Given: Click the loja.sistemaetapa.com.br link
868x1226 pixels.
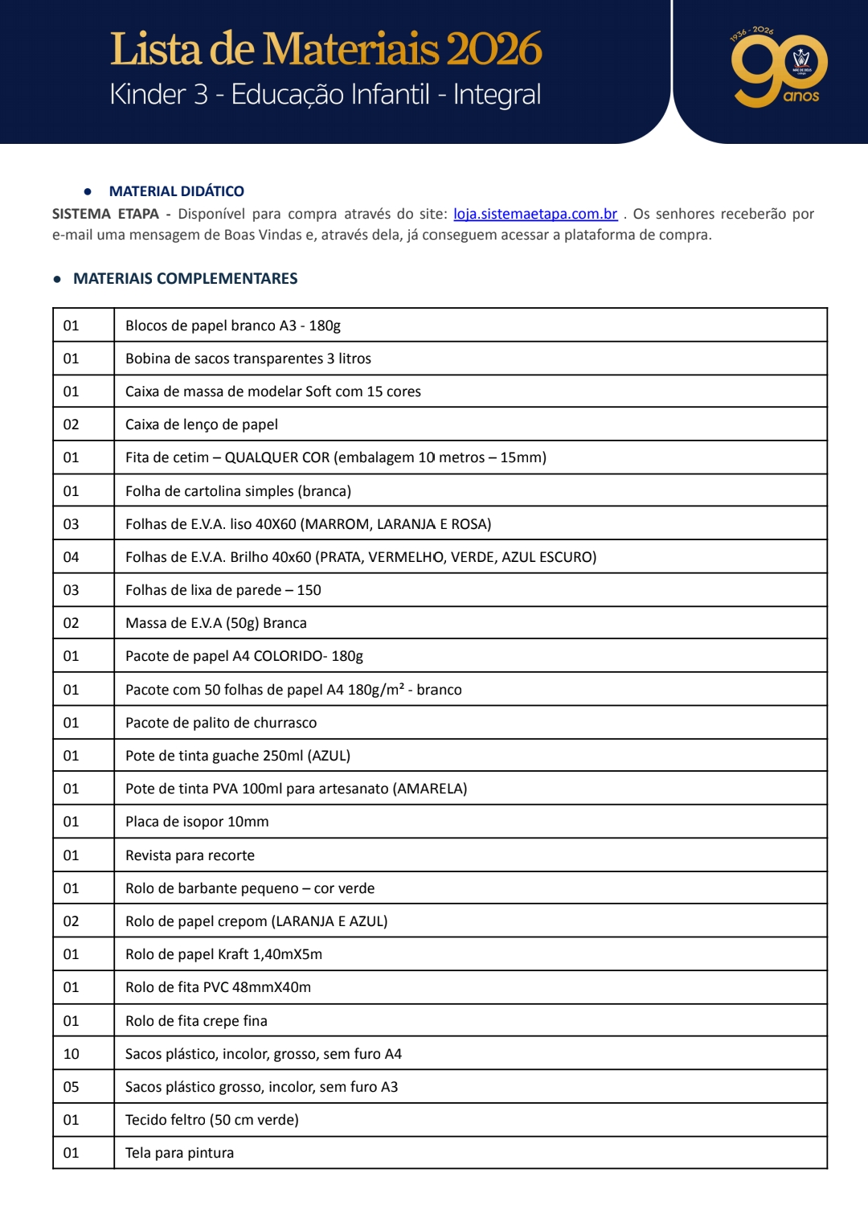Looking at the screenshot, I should pos(535,214).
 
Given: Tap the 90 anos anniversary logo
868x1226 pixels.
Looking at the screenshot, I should pos(778,69).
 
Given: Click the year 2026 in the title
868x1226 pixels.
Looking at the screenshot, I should pos(494,50).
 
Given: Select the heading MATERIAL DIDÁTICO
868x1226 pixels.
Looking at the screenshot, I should pos(176,191).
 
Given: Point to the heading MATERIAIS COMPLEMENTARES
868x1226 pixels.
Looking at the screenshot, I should pos(185,278).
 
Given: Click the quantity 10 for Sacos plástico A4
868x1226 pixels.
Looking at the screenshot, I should pos(72,1054).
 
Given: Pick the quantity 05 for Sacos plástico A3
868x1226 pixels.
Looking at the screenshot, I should pos(72,1087).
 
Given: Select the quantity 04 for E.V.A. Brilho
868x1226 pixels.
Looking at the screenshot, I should pos(72,557).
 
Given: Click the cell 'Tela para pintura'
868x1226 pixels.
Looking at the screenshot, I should pos(179,1153).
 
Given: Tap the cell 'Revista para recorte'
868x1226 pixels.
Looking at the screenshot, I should pos(190,855).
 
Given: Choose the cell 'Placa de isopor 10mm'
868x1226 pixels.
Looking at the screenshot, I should pos(197,822).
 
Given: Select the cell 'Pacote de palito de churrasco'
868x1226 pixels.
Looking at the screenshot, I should pos(221,723).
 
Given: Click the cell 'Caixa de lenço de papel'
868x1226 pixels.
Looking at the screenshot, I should pos(202,424).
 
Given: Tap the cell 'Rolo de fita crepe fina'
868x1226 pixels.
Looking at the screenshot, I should pos(196,1021).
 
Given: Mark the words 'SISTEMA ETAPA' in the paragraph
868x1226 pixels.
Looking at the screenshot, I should pos(105,214).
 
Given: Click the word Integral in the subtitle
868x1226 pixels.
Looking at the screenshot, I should pos(497,95).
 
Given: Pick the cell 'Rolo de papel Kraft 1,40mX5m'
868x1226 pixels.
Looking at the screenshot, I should pos(223,954).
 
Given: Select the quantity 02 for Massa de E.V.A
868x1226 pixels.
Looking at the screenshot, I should pos(72,623).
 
